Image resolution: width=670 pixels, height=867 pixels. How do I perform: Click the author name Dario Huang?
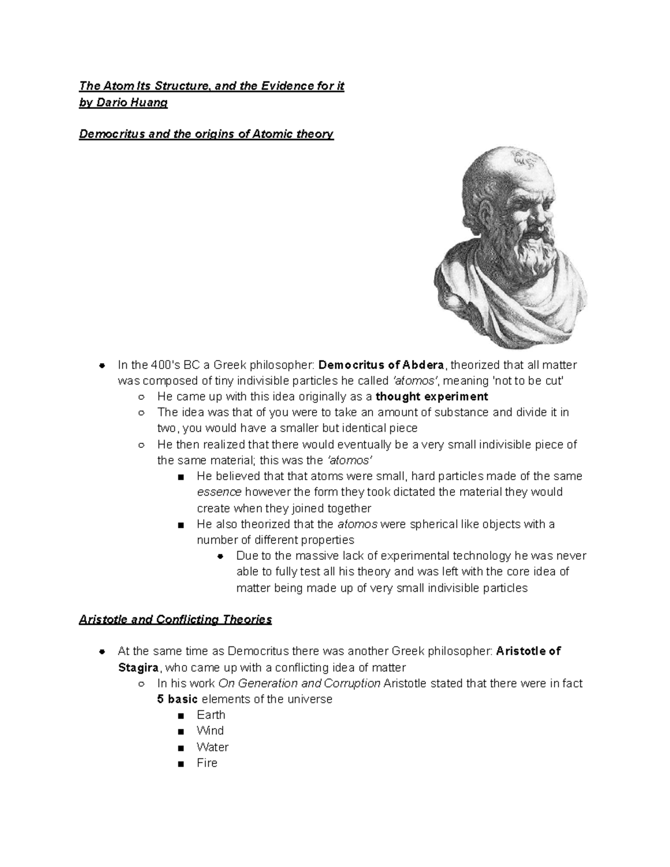pyautogui.click(x=132, y=102)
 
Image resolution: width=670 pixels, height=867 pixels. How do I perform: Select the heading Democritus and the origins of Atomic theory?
pyautogui.click(x=206, y=134)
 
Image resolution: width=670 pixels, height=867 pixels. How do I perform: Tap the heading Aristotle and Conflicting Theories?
pyautogui.click(x=175, y=619)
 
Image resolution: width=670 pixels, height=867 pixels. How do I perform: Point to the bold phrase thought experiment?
pyautogui.click(x=432, y=397)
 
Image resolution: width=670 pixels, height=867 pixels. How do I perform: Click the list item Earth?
pyautogui.click(x=211, y=715)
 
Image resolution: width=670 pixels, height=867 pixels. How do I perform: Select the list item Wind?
pyautogui.click(x=210, y=731)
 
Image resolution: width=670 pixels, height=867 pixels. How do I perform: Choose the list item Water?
pyautogui.click(x=212, y=747)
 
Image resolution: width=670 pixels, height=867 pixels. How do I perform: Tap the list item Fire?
pyautogui.click(x=207, y=763)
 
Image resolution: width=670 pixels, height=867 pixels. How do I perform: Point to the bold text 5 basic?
pyautogui.click(x=178, y=700)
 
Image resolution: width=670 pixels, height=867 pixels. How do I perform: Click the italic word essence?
pyautogui.click(x=219, y=492)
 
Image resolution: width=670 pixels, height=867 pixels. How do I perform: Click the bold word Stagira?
pyautogui.click(x=138, y=668)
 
